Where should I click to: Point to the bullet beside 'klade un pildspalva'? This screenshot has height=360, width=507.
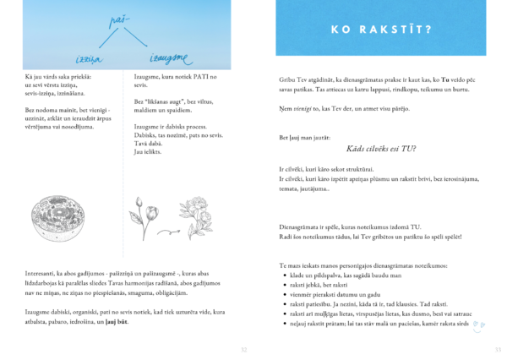coord(281,276)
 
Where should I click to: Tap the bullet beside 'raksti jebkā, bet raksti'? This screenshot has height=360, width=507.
coord(281,288)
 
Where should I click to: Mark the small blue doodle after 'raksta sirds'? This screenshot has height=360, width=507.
coord(478,324)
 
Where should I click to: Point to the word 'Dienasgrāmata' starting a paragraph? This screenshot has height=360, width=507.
coord(299,226)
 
